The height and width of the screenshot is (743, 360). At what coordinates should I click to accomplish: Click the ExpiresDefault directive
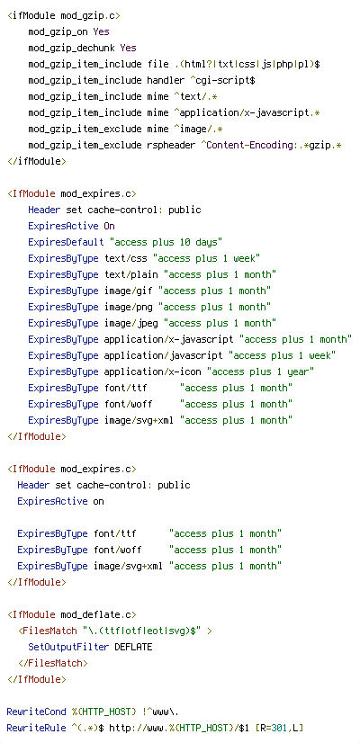(66, 242)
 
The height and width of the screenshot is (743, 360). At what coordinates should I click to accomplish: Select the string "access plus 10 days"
(166, 242)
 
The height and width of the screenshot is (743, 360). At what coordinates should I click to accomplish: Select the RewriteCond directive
(36, 712)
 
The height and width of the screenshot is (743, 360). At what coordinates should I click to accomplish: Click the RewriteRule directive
(36, 728)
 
